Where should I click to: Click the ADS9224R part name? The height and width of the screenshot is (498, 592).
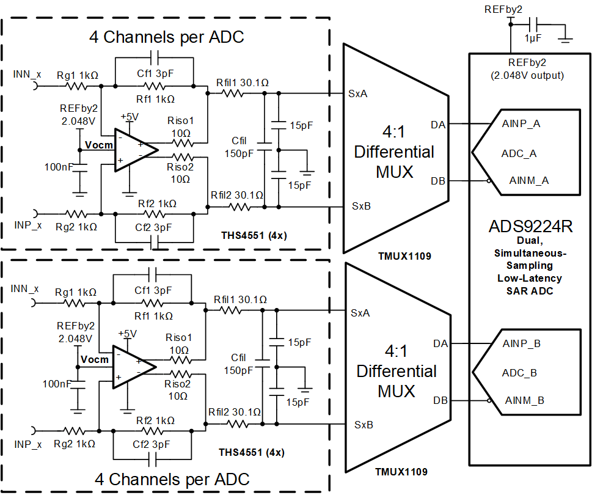530,227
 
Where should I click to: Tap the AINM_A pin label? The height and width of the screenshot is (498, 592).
529,180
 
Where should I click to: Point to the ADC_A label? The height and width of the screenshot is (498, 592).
519,153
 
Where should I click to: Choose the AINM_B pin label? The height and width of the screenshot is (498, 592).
524,400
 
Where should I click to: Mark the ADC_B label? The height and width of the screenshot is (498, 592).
519,372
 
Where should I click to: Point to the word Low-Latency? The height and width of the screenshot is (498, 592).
530,278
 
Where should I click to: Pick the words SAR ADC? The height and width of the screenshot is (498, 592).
530,291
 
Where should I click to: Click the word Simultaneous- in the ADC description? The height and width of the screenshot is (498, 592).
530,253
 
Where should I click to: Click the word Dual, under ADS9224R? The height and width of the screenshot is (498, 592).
530,240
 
